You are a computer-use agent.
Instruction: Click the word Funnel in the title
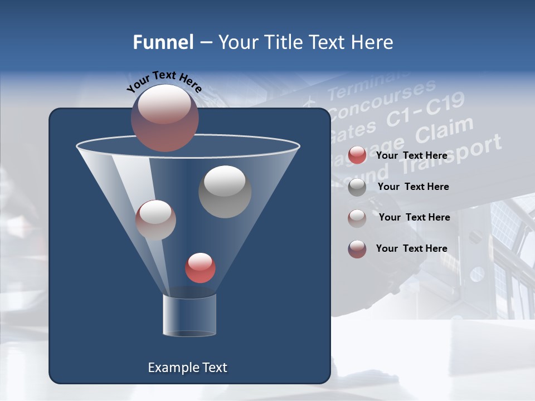[163, 42]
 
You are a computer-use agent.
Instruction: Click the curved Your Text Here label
[164, 81]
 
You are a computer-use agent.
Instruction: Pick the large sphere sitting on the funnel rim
[164, 118]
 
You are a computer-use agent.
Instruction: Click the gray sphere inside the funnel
[225, 191]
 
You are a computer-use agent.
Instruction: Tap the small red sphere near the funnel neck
[200, 267]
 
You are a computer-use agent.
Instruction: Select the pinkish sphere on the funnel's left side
[155, 220]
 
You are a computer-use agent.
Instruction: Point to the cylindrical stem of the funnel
[189, 316]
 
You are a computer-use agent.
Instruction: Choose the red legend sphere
[357, 155]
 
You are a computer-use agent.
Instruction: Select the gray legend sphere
[357, 187]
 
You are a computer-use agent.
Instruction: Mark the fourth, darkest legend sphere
[357, 249]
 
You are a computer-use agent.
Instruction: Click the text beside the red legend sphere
[411, 155]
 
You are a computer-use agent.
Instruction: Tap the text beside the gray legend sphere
[413, 187]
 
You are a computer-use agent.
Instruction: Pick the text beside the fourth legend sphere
[411, 248]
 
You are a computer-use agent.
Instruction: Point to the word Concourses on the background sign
[382, 100]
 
